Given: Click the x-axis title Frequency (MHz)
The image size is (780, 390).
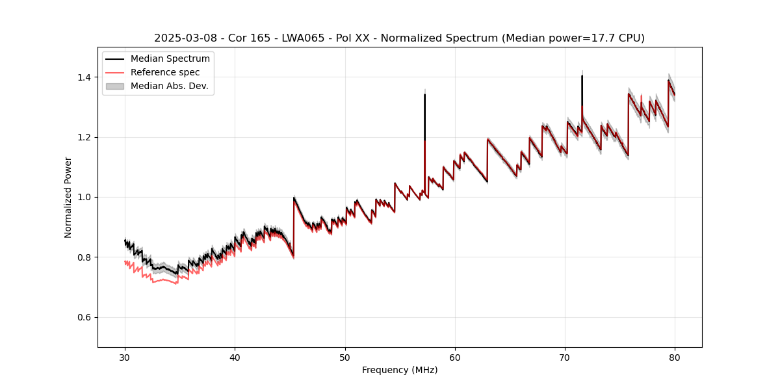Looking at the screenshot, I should tap(400, 370).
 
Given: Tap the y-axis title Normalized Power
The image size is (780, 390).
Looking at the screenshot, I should tap(68, 197).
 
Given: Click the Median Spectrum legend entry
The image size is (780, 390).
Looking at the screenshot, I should tap(170, 59).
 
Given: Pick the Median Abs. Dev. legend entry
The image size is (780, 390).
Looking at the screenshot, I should tap(169, 86).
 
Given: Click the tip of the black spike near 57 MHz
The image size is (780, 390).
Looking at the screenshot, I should tap(424, 94).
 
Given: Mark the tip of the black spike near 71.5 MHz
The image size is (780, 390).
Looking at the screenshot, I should tap(582, 76).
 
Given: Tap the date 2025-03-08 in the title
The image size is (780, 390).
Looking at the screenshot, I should tap(183, 38).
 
